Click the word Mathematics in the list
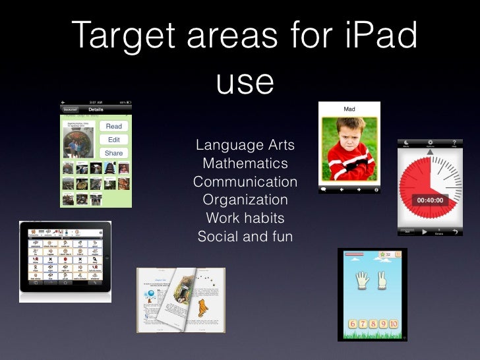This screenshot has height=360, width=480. [245, 163]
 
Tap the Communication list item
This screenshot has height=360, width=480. [245, 181]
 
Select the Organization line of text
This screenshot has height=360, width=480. [245, 199]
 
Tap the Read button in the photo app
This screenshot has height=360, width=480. [113, 126]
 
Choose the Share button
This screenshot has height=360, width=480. [113, 153]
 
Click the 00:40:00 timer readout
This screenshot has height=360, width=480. [429, 200]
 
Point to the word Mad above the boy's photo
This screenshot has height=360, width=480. [349, 109]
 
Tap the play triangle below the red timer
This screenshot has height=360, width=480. [424, 232]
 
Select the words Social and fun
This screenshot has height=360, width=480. [245, 235]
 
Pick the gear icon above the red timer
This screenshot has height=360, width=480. [430, 142]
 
